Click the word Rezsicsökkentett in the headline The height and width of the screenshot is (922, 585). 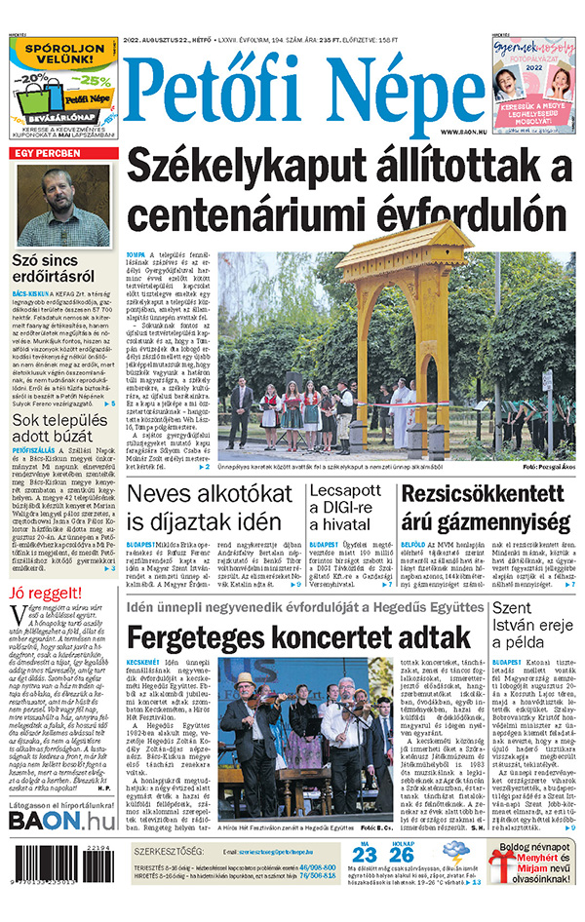point(484,494)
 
